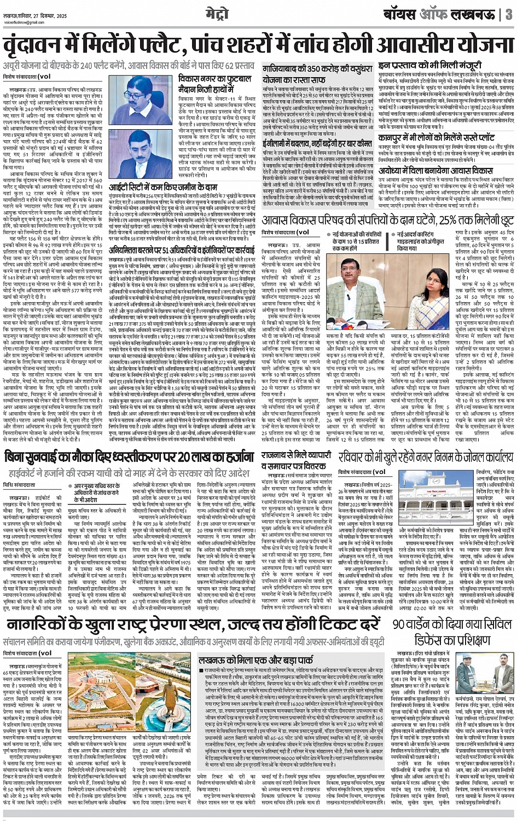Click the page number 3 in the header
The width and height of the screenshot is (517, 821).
(x=508, y=14)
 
